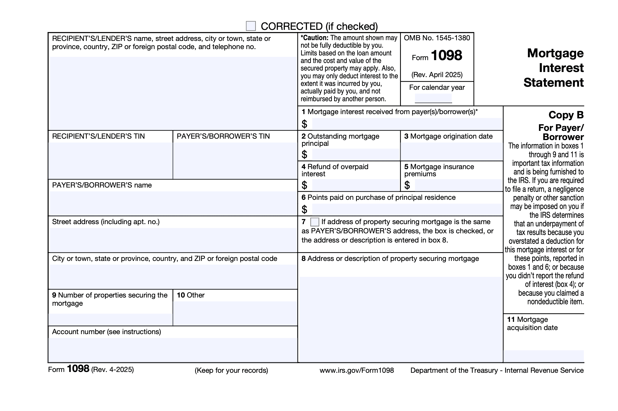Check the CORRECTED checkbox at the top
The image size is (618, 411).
[250, 26]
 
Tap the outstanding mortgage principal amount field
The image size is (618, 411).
[355, 154]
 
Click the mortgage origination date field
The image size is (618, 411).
[451, 151]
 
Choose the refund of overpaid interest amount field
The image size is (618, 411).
[355, 185]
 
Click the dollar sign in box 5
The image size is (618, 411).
[407, 185]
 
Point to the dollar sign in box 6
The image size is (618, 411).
[304, 209]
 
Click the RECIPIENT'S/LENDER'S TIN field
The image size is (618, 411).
[110, 161]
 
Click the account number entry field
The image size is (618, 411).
[173, 350]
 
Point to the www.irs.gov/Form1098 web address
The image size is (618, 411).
[356, 370]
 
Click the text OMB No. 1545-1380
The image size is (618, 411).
[436, 38]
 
